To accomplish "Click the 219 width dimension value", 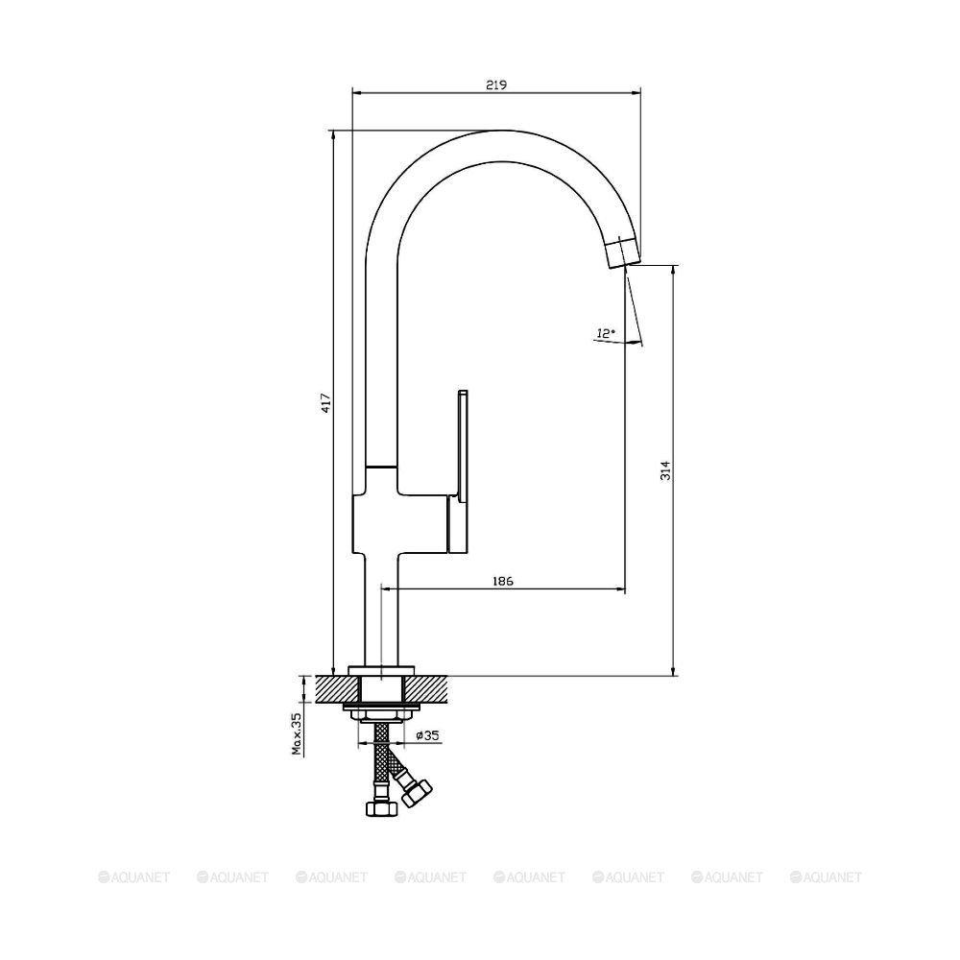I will (x=495, y=84).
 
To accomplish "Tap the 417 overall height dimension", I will (x=325, y=402).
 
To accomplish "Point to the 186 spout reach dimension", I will (x=503, y=580).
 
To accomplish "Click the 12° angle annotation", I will (x=605, y=333).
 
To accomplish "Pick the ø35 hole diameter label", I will (x=428, y=735).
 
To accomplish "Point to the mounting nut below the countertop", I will (x=382, y=709).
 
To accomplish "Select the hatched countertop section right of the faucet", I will (x=432, y=686).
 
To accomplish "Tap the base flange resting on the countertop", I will (x=382, y=668).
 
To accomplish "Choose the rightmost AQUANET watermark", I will (x=825, y=876).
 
